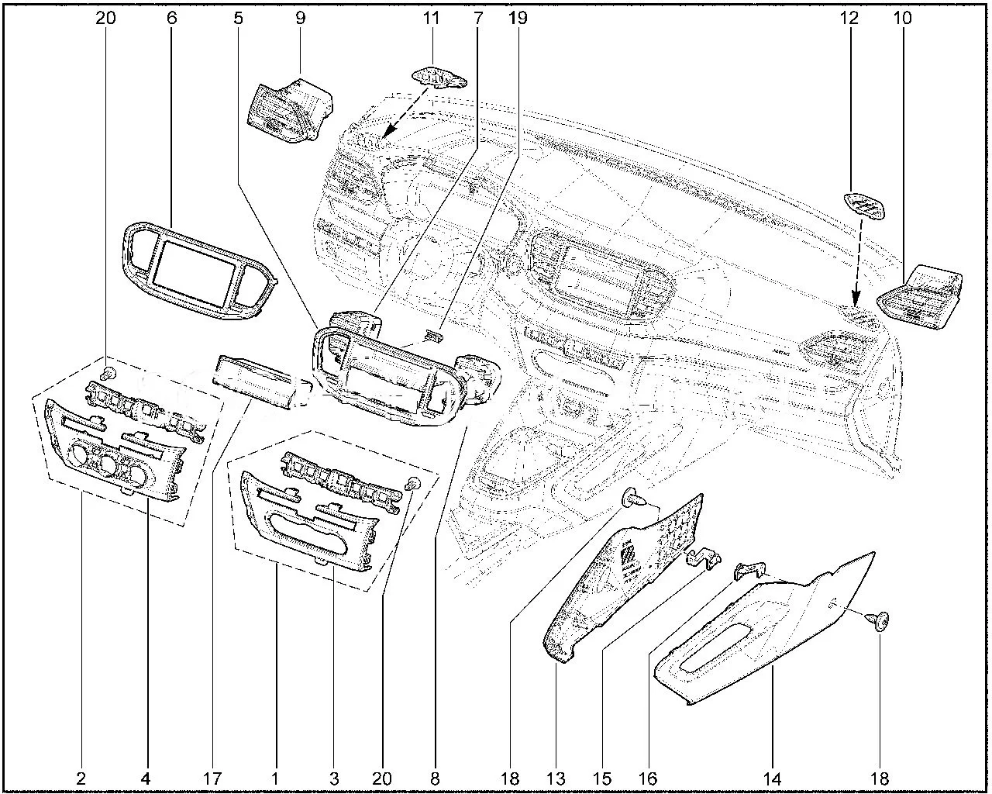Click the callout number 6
coord(172,17)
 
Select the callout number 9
coord(300,17)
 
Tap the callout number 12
coord(851,17)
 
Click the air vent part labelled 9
coord(291,111)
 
